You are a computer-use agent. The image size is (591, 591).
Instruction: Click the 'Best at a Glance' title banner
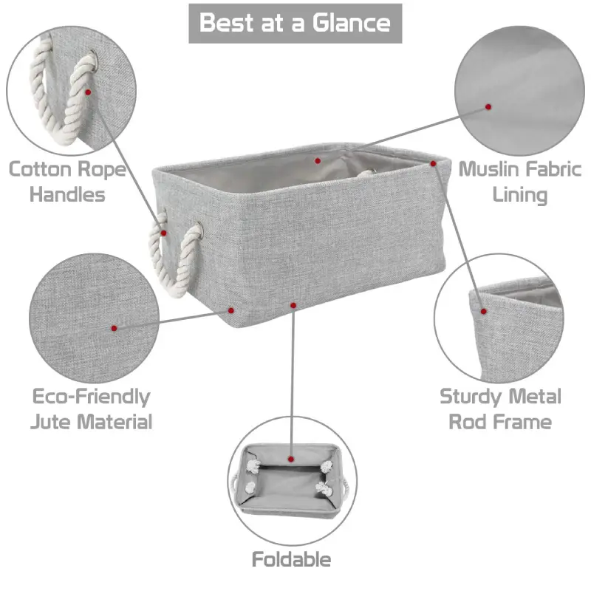coord(295,24)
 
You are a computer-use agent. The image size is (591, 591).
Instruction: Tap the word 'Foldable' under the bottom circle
coord(291,559)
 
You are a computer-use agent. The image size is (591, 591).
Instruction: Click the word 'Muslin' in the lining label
coord(488,169)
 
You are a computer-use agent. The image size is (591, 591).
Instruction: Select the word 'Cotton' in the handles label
coord(41,169)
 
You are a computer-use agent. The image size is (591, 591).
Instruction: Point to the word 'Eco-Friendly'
coord(91,397)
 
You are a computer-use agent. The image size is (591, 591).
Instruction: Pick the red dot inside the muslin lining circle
coord(488,107)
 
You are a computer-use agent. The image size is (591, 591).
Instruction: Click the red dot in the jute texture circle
coord(115,328)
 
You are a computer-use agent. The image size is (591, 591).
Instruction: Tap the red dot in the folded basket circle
coord(290,459)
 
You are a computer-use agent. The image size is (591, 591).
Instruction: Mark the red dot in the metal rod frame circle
coord(484,311)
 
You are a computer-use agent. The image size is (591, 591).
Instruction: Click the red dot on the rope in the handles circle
coord(88,92)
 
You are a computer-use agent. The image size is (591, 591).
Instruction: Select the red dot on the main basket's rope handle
coord(163,233)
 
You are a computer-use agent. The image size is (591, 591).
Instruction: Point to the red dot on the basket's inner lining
coord(318,161)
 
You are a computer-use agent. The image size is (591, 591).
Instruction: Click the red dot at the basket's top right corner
coord(433,163)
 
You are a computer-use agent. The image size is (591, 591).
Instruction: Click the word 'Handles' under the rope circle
coord(67,195)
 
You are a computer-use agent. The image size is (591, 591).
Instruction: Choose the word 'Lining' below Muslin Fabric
coord(520,196)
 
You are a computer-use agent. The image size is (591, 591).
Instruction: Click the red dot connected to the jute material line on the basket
coord(231,310)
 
